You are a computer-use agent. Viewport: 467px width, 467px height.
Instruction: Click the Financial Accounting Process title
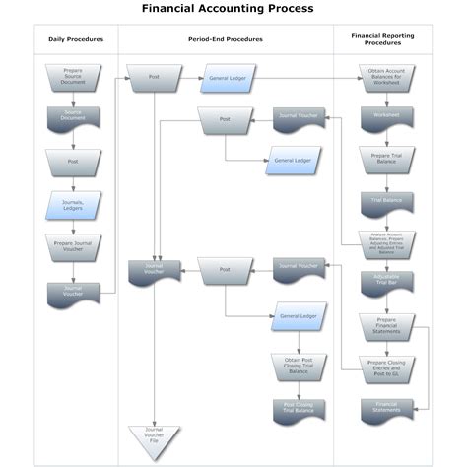[x=228, y=9]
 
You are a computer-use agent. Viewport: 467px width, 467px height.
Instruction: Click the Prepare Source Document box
[x=73, y=76]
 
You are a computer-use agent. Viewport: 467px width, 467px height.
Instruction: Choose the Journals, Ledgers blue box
[x=73, y=204]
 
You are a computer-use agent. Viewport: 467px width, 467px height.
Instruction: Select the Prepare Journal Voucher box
[x=73, y=245]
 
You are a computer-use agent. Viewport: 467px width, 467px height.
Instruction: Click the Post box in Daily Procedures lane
[x=73, y=161]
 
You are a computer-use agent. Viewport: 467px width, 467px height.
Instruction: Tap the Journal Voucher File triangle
[x=153, y=433]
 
